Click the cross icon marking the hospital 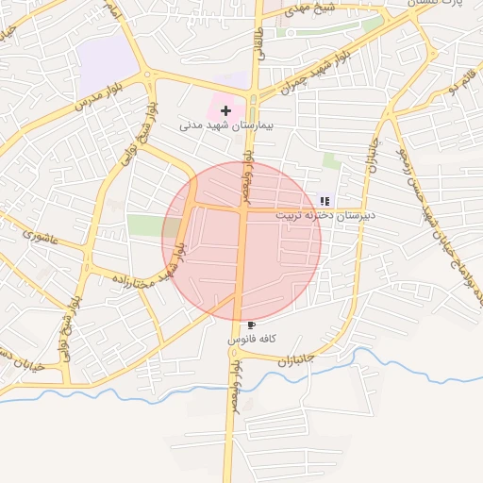click(225, 110)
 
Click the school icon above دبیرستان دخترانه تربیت click(325, 201)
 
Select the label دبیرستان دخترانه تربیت click(325, 215)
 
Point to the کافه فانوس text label click(252, 338)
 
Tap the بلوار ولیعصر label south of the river click(233, 387)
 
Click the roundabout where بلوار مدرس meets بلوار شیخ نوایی click(149, 76)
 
